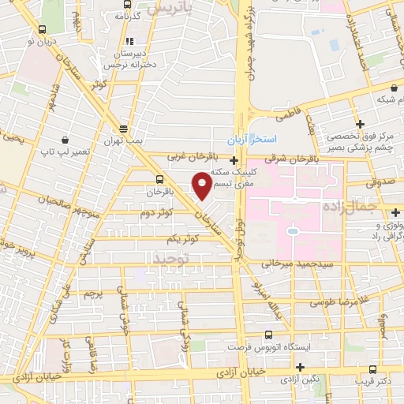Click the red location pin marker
click(202, 185)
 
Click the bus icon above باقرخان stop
click(161, 179)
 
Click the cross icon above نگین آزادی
click(300, 366)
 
